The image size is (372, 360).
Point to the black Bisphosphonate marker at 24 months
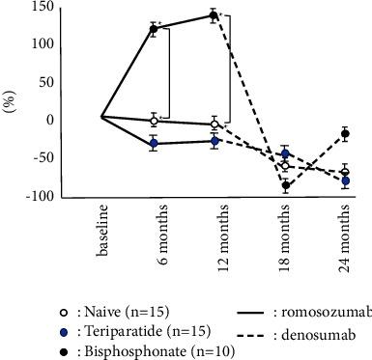coord(345,134)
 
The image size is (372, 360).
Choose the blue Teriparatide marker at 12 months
coord(214,141)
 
